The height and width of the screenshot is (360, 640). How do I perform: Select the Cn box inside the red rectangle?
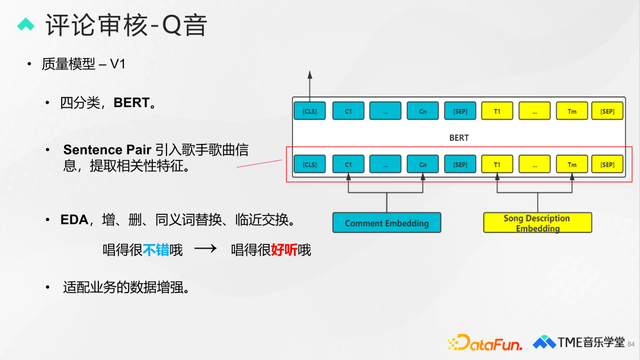(423, 163)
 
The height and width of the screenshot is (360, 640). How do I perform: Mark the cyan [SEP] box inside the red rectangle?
(460, 163)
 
